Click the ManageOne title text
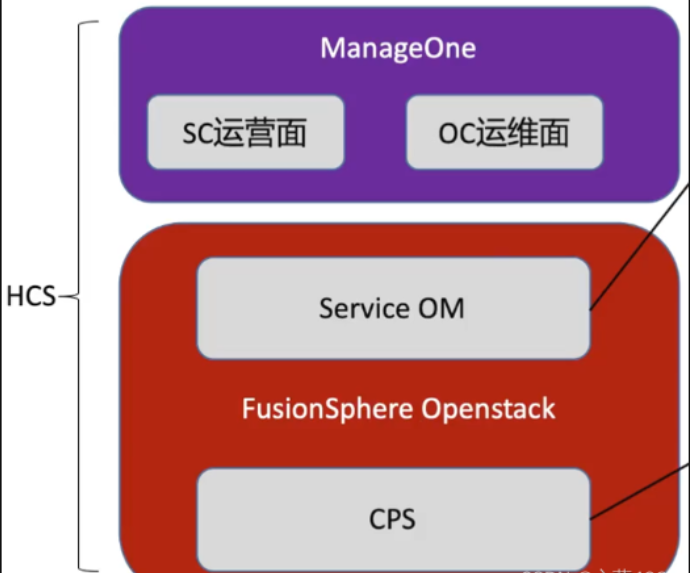point(397,49)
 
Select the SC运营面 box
point(245,132)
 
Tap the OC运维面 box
point(504,132)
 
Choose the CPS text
point(392,520)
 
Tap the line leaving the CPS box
point(640,490)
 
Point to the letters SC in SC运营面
point(196,133)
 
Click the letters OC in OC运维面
point(454,133)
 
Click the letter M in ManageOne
point(332,49)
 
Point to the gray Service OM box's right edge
point(589,308)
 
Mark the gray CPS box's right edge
point(589,520)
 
